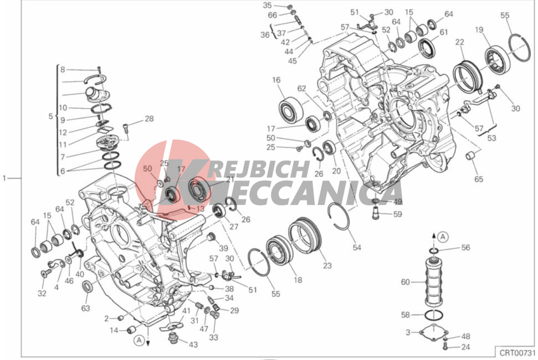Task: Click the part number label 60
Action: [x=405, y=282]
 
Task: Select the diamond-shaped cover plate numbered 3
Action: [x=432, y=333]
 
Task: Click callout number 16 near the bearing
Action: [x=276, y=80]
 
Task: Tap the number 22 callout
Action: [x=459, y=42]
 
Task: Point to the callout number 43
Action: [x=193, y=345]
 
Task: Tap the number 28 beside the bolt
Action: [x=148, y=119]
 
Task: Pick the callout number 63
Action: [x=85, y=308]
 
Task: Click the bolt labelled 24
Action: [x=445, y=347]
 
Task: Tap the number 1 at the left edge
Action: [x=4, y=178]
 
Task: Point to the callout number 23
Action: [x=327, y=266]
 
